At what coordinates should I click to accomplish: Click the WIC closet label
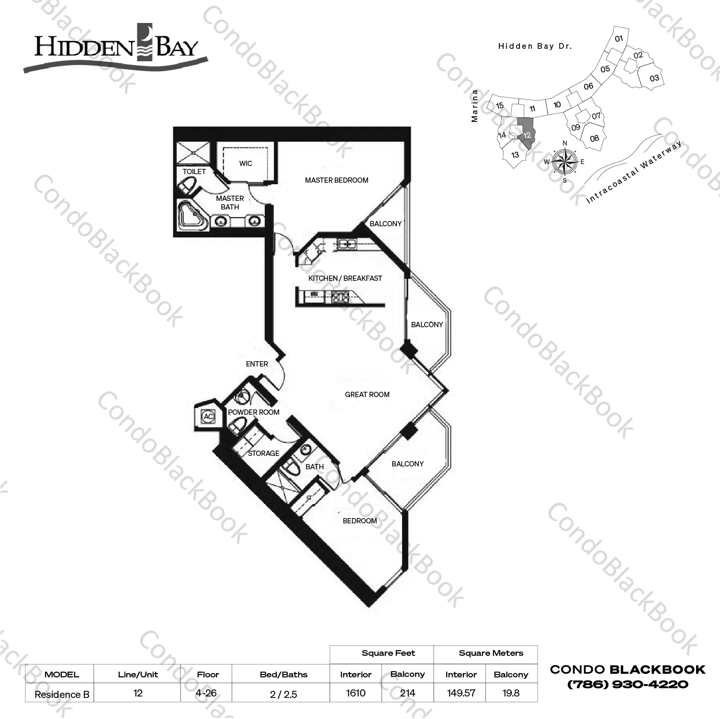[246, 164]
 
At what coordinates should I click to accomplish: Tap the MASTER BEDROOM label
[337, 180]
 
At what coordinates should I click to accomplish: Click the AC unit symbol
[208, 417]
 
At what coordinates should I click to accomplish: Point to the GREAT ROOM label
[367, 395]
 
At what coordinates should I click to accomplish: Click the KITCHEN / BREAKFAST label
[345, 278]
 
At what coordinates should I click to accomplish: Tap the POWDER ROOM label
[254, 412]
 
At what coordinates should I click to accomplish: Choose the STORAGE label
[264, 454]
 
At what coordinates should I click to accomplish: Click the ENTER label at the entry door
[257, 364]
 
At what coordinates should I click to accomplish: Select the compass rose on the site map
[565, 161]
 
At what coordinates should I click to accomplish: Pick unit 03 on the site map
[654, 78]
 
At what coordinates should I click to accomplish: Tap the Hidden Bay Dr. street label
[535, 46]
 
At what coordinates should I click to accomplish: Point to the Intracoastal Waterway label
[634, 173]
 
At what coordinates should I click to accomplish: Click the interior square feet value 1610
[356, 693]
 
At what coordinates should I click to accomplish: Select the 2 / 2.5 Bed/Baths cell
[283, 694]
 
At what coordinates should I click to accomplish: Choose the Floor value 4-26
[206, 693]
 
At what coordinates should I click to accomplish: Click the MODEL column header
[62, 675]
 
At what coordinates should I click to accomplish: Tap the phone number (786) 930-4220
[628, 685]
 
